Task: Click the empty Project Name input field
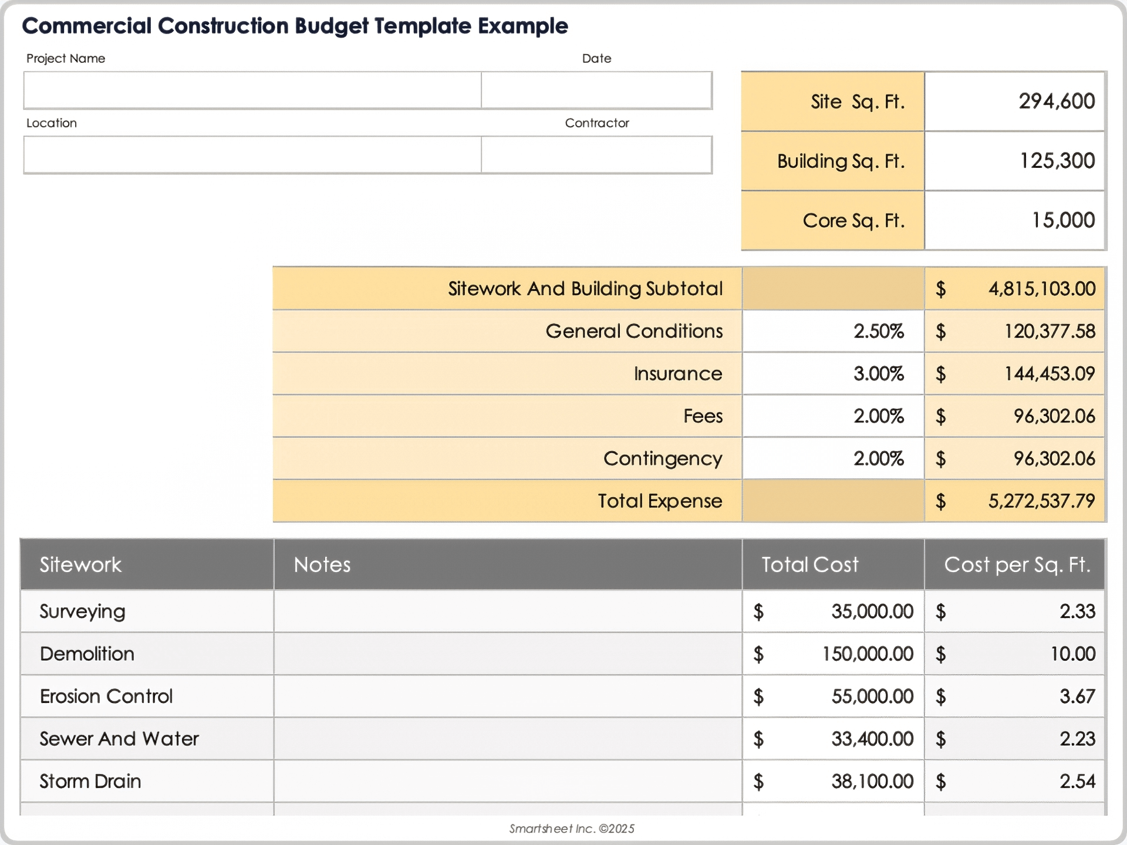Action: coord(252,90)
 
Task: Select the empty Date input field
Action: coord(596,90)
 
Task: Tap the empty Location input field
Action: coord(252,155)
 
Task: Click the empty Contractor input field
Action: coord(596,155)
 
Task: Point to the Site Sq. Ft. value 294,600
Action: coord(1056,102)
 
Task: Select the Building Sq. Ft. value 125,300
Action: coord(1057,161)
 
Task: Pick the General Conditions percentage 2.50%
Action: coord(878,331)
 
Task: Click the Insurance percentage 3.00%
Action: coord(878,374)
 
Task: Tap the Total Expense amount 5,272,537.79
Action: coord(1041,501)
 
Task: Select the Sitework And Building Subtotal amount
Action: coord(1041,289)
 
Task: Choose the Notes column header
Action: coord(322,565)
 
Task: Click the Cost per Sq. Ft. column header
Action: coord(1017,565)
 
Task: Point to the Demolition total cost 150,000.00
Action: coord(868,654)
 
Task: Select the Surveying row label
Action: coord(82,611)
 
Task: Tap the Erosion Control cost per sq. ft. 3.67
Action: coord(1077,697)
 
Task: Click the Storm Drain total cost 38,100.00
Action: coord(872,781)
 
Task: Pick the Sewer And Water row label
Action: coord(119,739)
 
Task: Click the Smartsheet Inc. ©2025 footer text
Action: coord(572,829)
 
